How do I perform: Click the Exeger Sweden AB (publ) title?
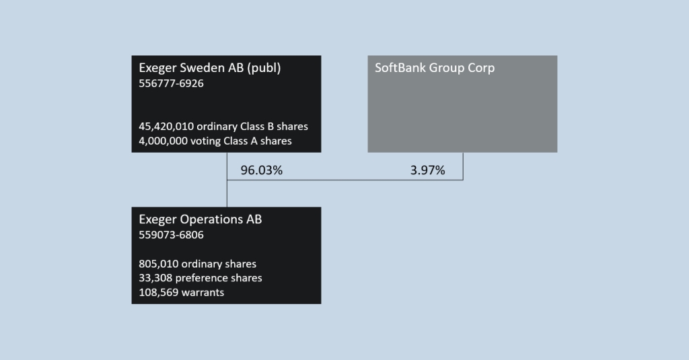pyautogui.click(x=210, y=68)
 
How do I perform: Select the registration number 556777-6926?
pyautogui.click(x=172, y=83)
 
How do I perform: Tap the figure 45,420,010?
pyautogui.click(x=166, y=127)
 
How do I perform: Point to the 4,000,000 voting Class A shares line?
pyautogui.click(x=215, y=141)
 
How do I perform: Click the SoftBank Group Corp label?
pyautogui.click(x=435, y=68)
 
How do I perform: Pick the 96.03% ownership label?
pyautogui.click(x=262, y=170)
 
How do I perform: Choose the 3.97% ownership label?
pyautogui.click(x=427, y=170)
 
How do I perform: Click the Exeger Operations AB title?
pyautogui.click(x=201, y=219)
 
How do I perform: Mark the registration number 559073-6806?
pyautogui.click(x=172, y=235)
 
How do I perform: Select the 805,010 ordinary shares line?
pyautogui.click(x=198, y=264)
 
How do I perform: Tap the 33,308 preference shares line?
pyautogui.click(x=201, y=278)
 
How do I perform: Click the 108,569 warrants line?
pyautogui.click(x=182, y=293)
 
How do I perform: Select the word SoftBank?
pyautogui.click(x=400, y=68)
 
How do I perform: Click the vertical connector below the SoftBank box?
pyautogui.click(x=463, y=166)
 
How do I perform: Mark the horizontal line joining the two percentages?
pyautogui.click(x=345, y=180)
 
